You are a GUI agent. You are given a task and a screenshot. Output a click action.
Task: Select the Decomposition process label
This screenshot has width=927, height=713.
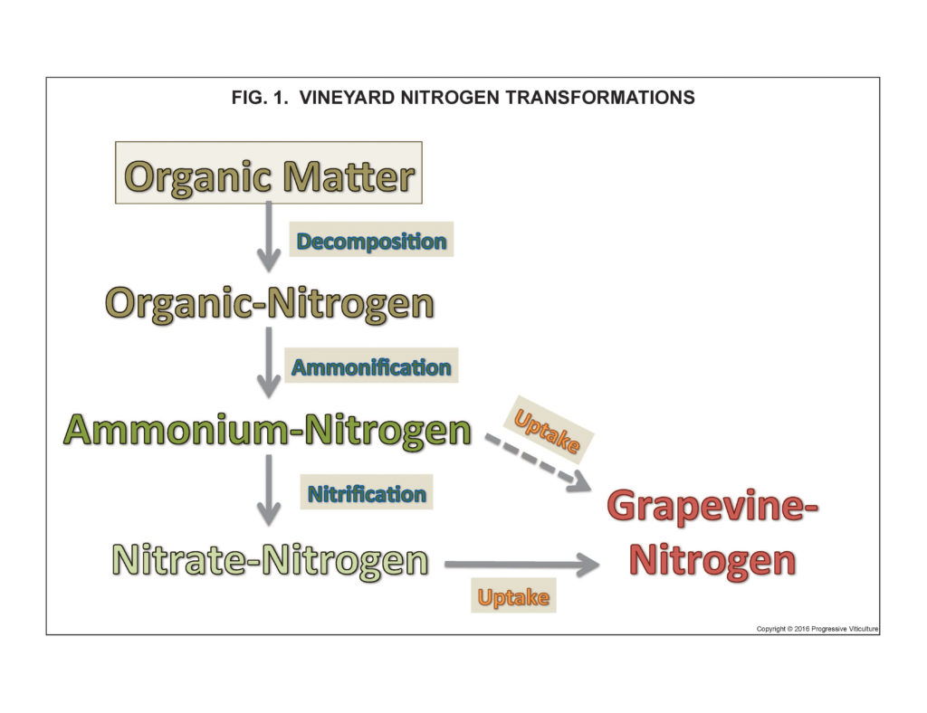tap(371, 241)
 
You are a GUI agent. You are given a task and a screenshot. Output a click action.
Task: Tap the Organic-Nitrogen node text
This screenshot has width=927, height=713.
tap(269, 303)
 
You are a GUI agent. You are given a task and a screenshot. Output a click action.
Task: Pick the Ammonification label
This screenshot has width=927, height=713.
tap(371, 366)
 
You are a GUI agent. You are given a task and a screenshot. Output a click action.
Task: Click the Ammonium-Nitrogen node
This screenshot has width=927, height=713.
tap(268, 430)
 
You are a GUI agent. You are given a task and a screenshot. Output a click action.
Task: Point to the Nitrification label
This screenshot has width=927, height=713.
tap(367, 493)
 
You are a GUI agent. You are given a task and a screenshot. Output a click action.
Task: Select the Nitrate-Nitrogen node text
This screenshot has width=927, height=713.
tap(269, 560)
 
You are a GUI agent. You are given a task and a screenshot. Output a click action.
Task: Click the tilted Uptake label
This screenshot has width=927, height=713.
tap(548, 429)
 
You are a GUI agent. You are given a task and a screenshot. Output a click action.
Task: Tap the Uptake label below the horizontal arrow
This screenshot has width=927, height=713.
tap(513, 596)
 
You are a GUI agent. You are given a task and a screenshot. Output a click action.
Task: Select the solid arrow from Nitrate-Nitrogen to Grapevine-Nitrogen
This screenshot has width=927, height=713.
tap(521, 566)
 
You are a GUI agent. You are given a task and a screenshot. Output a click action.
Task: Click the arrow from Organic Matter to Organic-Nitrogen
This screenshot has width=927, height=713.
tap(268, 237)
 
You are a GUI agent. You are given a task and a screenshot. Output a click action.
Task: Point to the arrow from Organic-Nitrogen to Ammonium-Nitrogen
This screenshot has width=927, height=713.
tap(268, 362)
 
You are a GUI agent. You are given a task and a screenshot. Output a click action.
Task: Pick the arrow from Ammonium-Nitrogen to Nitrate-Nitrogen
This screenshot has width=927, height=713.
tap(268, 490)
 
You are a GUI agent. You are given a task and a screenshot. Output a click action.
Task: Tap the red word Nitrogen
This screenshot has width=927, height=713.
tap(712, 560)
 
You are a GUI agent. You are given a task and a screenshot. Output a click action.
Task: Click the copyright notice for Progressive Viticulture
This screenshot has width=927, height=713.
tap(817, 628)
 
